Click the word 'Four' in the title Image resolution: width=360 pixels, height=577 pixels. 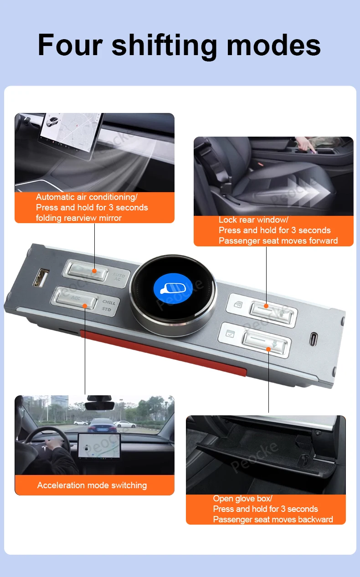70,45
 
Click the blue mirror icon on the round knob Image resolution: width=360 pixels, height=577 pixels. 173,288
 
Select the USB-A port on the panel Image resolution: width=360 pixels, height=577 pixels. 41,277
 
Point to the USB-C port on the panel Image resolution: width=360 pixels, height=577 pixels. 313,339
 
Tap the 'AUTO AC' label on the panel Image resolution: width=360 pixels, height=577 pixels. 118,277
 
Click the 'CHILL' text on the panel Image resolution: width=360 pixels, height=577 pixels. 109,302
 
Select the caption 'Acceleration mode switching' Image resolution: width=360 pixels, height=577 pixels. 92,485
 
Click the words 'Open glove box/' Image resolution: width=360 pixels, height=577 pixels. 242,498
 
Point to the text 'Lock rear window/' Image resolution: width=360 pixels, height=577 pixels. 253,220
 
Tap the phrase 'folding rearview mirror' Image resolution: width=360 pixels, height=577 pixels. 78,218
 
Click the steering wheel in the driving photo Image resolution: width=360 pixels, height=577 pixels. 46,443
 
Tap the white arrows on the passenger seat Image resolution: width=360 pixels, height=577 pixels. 308,191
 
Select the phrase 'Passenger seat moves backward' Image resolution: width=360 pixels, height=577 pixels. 273,519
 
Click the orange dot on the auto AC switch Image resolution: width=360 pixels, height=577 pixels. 94,271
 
